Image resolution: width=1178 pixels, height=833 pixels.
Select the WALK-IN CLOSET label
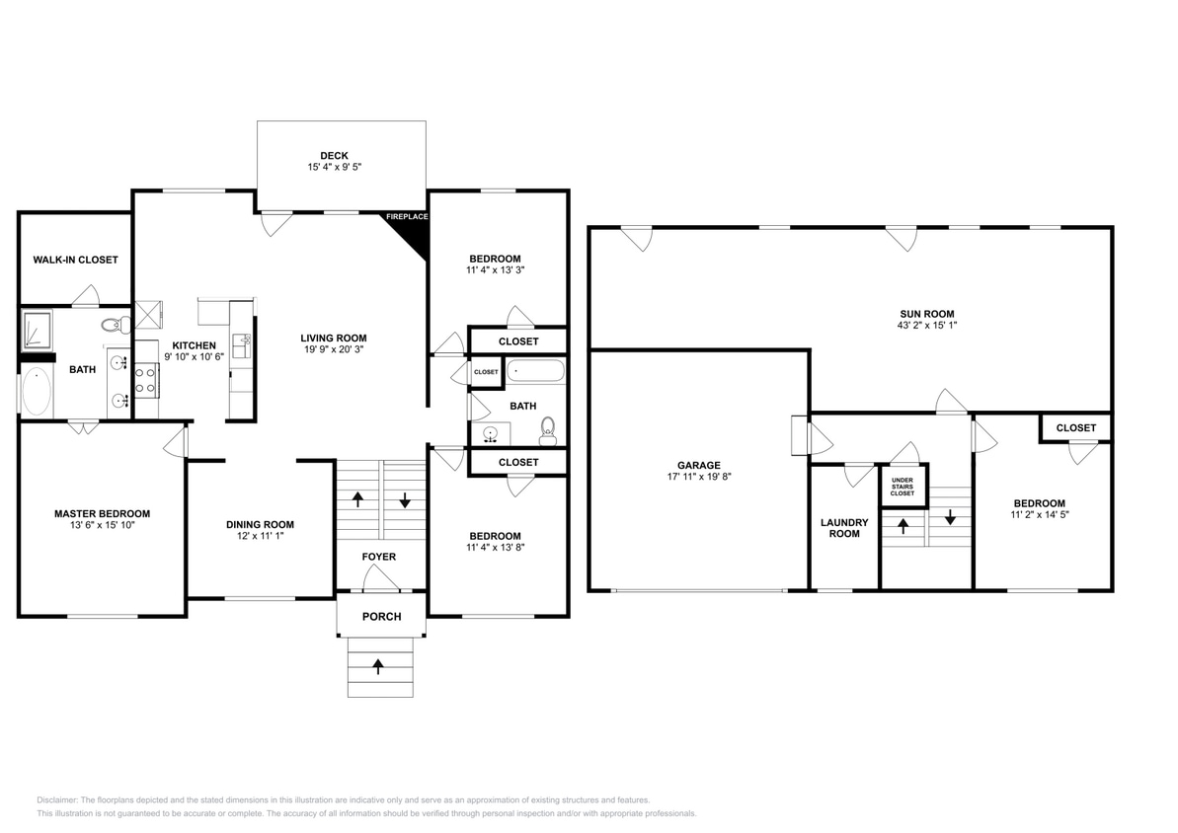coord(75,260)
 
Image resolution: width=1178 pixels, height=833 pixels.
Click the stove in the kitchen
coord(146,380)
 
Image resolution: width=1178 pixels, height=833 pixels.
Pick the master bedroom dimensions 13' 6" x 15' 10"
coord(102,526)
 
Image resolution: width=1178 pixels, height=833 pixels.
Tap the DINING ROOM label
coord(260,524)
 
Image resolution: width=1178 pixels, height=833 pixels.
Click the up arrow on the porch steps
coord(378,666)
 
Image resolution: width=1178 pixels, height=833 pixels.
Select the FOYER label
coord(378,557)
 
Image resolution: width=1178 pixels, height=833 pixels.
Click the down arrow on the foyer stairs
coord(405,500)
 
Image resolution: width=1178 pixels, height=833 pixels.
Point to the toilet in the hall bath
coord(549,428)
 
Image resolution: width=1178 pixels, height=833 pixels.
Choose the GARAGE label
coord(698,465)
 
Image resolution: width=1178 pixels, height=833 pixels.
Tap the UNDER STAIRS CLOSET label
coord(903,485)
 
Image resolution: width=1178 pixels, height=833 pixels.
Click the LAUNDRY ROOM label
coord(844,528)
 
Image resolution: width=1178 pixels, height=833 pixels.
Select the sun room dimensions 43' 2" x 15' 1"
coord(925,327)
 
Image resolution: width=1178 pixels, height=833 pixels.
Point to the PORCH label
coord(381,617)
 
